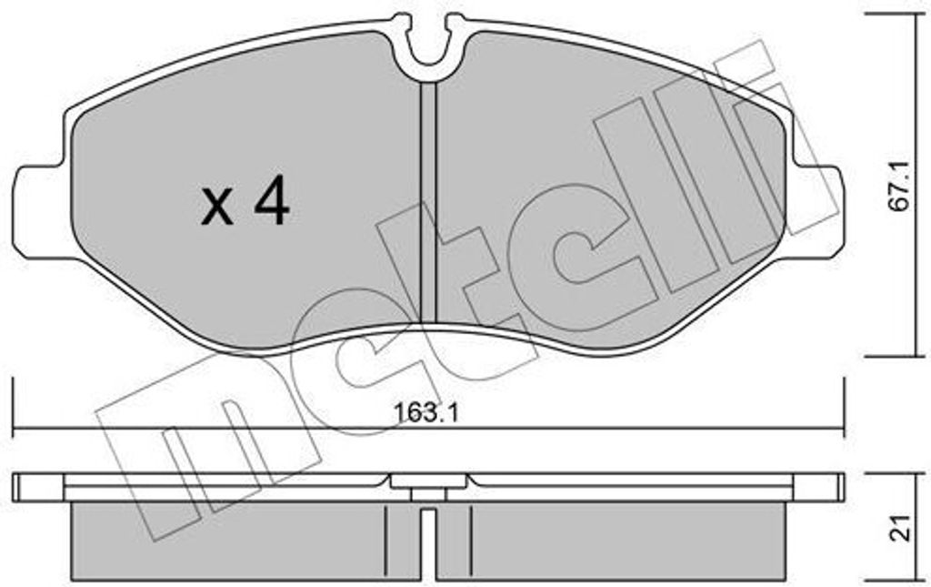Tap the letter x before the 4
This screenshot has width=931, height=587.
pyautogui.click(x=217, y=207)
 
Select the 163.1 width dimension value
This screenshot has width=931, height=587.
pyautogui.click(x=427, y=413)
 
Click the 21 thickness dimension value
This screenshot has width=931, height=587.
pyautogui.click(x=901, y=528)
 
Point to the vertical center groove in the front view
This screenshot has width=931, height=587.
pyautogui.click(x=428, y=204)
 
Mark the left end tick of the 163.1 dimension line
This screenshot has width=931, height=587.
pyautogui.click(x=13, y=405)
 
